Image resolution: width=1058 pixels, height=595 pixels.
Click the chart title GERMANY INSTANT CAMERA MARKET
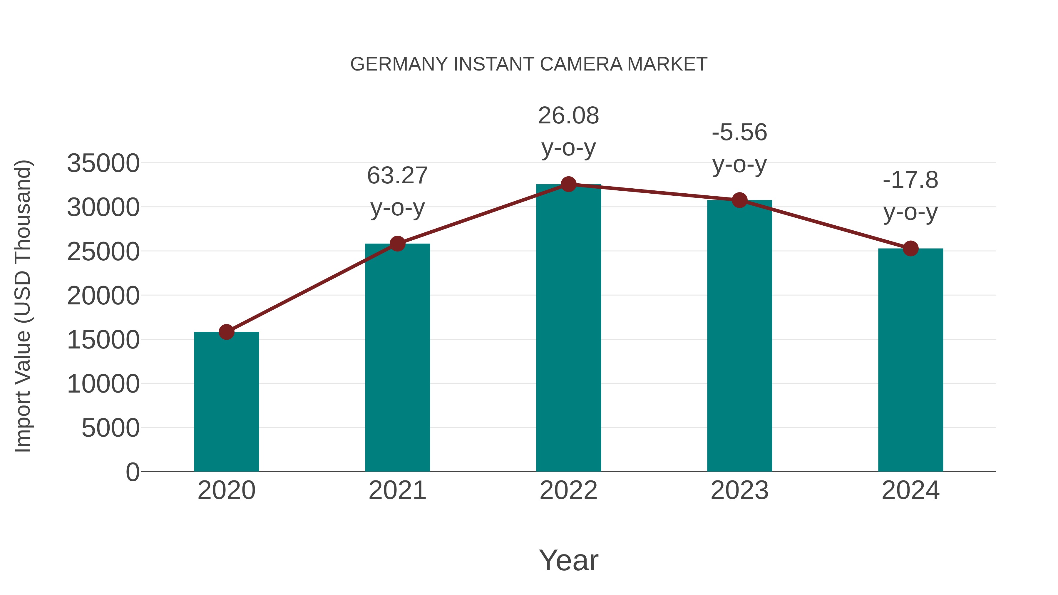click(529, 64)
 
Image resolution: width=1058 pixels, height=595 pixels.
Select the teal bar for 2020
click(226, 403)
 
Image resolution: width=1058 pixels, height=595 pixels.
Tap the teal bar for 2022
click(568, 328)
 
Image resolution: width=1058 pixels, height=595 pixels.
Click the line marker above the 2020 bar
click(226, 332)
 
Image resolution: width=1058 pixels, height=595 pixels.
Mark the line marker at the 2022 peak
click(568, 184)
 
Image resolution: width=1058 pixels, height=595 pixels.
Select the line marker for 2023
click(739, 200)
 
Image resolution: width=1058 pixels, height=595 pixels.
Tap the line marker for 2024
click(910, 248)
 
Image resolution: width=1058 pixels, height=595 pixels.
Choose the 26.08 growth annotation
click(568, 116)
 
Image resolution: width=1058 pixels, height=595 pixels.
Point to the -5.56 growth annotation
click(739, 133)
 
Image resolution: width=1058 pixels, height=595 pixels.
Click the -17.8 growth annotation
click(910, 180)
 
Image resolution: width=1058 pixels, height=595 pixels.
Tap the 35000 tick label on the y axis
click(103, 163)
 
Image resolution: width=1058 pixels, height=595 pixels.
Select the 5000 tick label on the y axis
click(111, 428)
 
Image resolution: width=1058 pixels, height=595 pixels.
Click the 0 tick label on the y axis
click(133, 472)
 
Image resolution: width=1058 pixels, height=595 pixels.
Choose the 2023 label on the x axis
click(739, 491)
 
